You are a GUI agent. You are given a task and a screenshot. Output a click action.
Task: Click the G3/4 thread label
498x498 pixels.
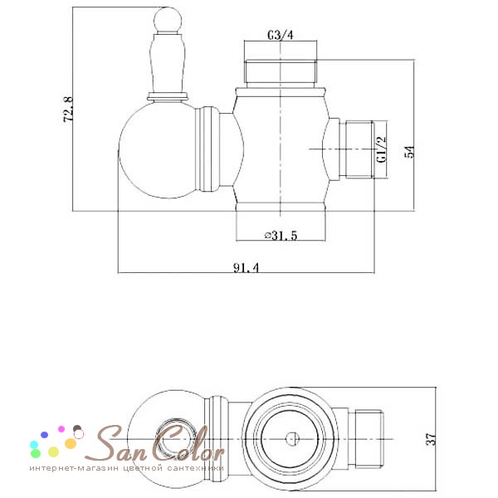[281, 35]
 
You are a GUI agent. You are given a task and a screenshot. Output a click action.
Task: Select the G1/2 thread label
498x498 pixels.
[381, 149]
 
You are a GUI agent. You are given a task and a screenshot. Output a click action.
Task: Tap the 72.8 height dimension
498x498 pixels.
[68, 110]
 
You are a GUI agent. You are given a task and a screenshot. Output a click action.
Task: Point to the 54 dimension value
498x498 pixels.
[409, 152]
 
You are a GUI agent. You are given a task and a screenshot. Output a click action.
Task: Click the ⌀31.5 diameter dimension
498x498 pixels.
[281, 236]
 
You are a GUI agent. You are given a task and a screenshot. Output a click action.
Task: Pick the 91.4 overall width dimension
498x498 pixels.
[247, 267]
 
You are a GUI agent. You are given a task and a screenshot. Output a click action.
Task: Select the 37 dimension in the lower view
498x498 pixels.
[431, 439]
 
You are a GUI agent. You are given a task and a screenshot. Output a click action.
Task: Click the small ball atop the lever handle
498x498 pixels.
[168, 19]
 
